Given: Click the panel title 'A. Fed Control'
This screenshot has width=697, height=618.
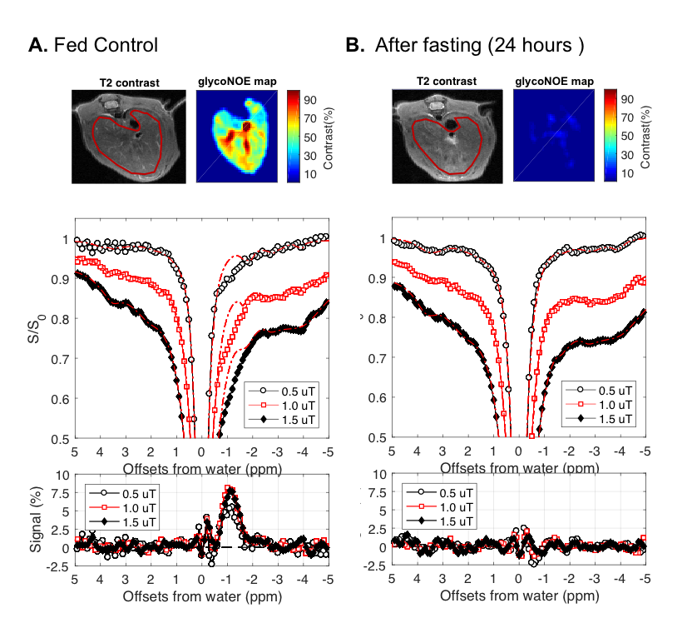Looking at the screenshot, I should click(93, 45).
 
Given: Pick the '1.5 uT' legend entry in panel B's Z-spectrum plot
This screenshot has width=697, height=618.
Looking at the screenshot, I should click(607, 416).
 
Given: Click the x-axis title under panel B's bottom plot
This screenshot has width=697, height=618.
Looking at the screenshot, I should click(518, 596).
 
